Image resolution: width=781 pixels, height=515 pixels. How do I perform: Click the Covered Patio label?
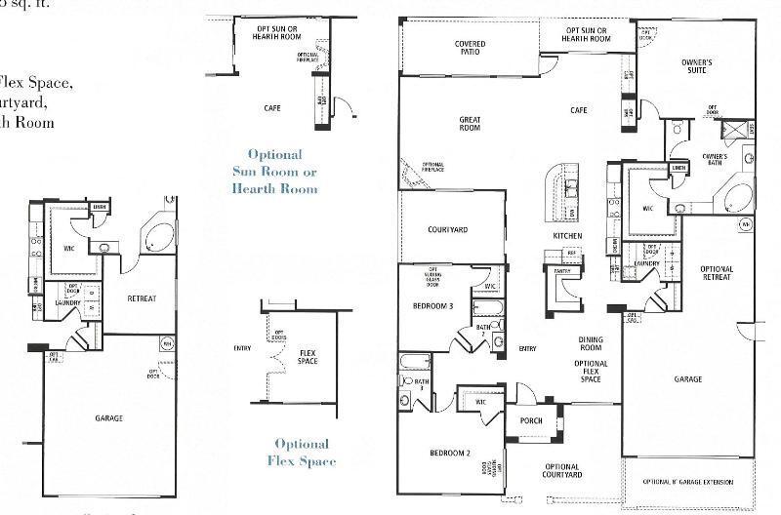coord(470,49)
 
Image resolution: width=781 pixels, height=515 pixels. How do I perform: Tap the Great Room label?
coord(470,124)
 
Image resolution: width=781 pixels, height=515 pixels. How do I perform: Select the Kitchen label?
coord(567,236)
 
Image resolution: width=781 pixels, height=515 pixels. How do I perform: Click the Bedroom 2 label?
coord(450,454)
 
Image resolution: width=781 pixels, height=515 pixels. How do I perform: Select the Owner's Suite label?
coord(696,67)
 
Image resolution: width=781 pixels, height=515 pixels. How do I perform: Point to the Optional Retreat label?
coord(716,273)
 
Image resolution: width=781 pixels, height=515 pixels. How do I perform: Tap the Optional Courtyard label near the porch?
coord(562,471)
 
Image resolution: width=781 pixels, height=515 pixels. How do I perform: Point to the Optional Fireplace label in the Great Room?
coord(432,167)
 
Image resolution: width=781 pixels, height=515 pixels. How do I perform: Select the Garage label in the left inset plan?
coord(108,417)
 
